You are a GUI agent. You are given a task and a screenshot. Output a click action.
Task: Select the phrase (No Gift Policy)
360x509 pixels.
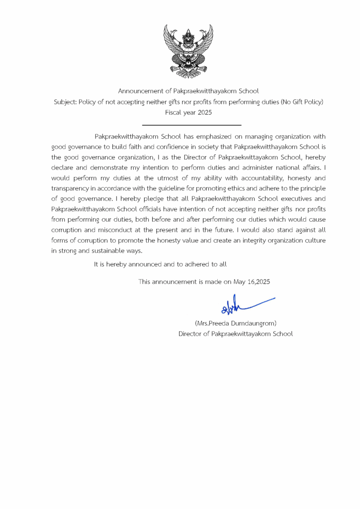pos(300,102)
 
